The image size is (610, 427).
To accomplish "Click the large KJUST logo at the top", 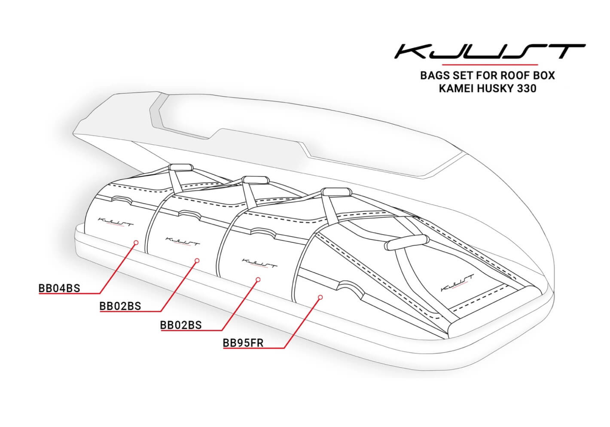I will click(489, 52).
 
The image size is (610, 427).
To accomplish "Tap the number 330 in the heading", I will click(527, 89).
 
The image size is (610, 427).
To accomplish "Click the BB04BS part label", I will click(59, 288).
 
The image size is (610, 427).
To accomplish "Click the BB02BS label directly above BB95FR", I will click(181, 325).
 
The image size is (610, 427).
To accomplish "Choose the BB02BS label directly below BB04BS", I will click(120, 306).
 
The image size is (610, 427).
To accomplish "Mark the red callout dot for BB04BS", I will click(136, 243).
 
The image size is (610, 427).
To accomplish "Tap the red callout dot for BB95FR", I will click(320, 297).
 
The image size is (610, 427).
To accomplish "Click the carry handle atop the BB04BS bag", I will click(181, 167).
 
